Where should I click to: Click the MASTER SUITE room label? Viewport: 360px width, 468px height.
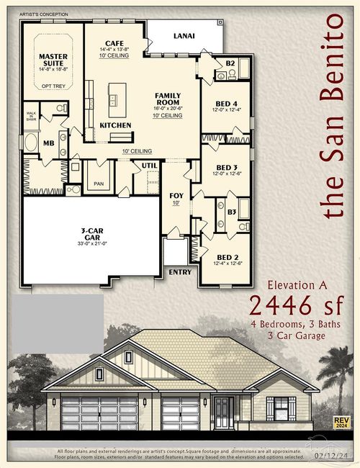(53, 60)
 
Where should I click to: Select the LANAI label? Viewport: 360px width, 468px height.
(184, 35)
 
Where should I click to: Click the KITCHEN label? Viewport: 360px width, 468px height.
(115, 125)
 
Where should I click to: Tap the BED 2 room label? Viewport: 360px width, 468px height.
(228, 257)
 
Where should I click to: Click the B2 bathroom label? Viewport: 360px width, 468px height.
(230, 63)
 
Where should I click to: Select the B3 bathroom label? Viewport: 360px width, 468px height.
(232, 212)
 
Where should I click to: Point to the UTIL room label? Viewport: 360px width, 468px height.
(149, 166)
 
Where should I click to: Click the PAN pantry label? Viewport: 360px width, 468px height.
(98, 184)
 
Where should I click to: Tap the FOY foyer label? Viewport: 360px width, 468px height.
(176, 196)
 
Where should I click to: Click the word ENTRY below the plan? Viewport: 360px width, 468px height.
(179, 273)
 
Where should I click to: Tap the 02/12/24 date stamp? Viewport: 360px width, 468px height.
(332, 456)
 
